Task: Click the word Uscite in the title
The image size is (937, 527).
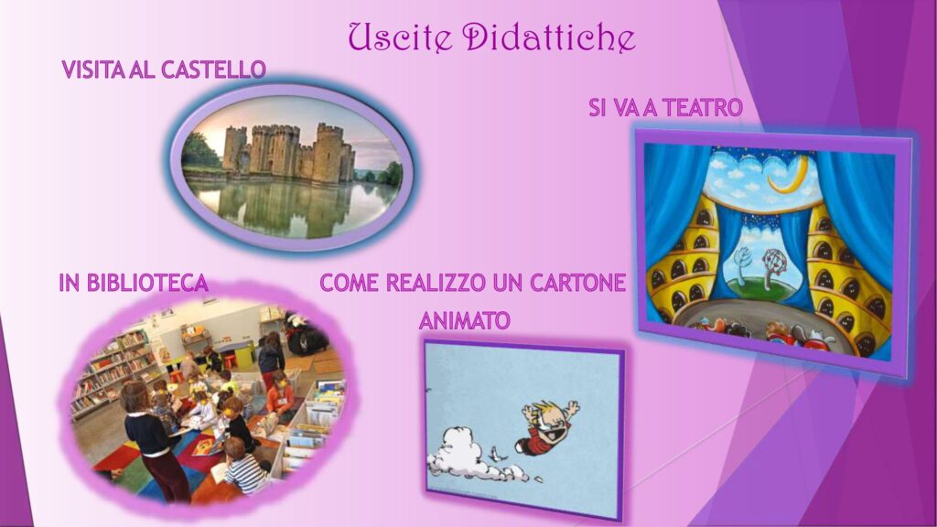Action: [398, 38]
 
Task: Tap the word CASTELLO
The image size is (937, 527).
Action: [213, 70]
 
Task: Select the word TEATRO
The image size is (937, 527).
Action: [702, 108]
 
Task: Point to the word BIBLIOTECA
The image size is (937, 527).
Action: [147, 283]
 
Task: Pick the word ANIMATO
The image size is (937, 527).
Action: [464, 321]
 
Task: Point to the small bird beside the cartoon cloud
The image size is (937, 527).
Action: [496, 454]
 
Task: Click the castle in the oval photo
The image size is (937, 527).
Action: [288, 153]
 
